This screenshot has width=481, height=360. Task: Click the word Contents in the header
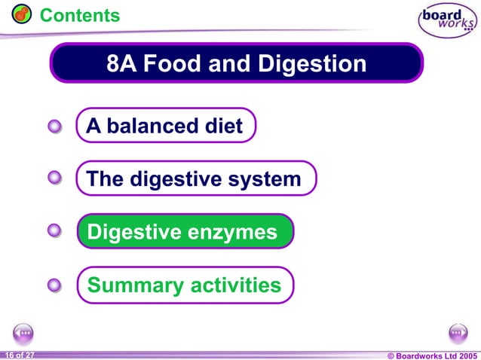tap(79, 15)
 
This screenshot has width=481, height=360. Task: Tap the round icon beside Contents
tap(22, 14)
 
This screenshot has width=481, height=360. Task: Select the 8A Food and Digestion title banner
tap(237, 63)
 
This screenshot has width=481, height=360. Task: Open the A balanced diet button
tap(166, 126)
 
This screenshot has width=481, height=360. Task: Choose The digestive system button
tap(195, 179)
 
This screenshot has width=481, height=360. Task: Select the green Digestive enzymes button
tap(184, 232)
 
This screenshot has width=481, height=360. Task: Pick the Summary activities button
tap(185, 285)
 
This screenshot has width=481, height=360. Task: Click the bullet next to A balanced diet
tap(54, 127)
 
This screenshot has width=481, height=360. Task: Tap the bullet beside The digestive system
tap(54, 179)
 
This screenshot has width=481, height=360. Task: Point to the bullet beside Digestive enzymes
tap(54, 232)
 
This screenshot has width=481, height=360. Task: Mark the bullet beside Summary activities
tap(54, 285)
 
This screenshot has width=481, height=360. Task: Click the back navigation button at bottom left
tap(23, 332)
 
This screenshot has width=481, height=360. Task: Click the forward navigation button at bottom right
tap(458, 332)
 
